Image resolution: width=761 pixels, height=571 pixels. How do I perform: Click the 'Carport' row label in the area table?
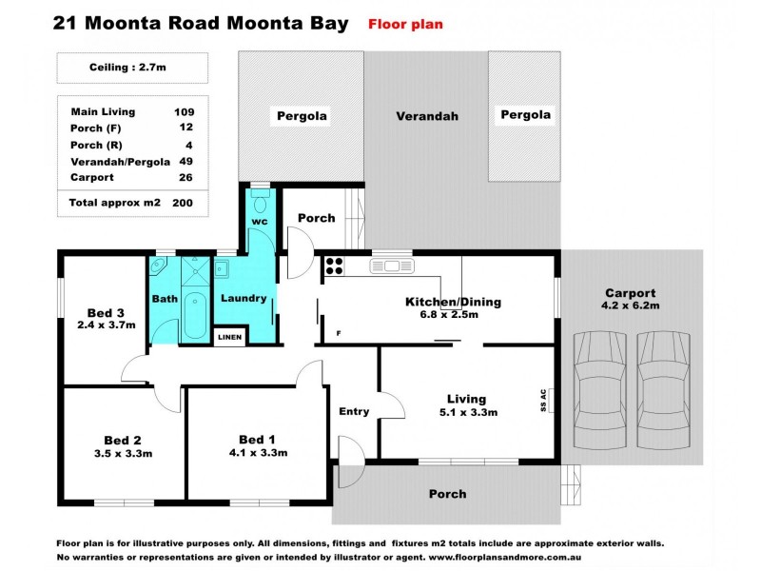92,177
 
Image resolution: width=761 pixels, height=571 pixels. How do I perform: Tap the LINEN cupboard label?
229,337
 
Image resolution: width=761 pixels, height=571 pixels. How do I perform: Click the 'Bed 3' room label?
105,313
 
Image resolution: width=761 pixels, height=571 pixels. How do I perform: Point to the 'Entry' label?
354,411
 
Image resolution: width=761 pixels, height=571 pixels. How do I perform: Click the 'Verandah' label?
427,116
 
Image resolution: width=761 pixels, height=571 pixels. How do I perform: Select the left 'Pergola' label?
302,116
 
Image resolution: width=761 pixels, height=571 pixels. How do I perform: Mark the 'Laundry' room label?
244,298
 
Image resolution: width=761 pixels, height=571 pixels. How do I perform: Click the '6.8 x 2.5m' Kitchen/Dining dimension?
453,314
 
